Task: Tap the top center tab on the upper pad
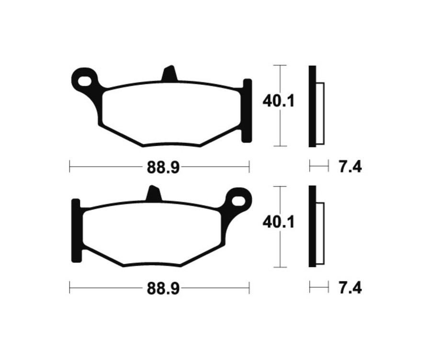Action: pos(169,75)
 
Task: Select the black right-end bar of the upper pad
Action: pos(247,111)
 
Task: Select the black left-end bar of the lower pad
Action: pos(75,230)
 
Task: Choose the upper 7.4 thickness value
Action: pos(350,167)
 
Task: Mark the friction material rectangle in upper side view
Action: pos(320,113)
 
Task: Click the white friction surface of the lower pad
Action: pos(153,233)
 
